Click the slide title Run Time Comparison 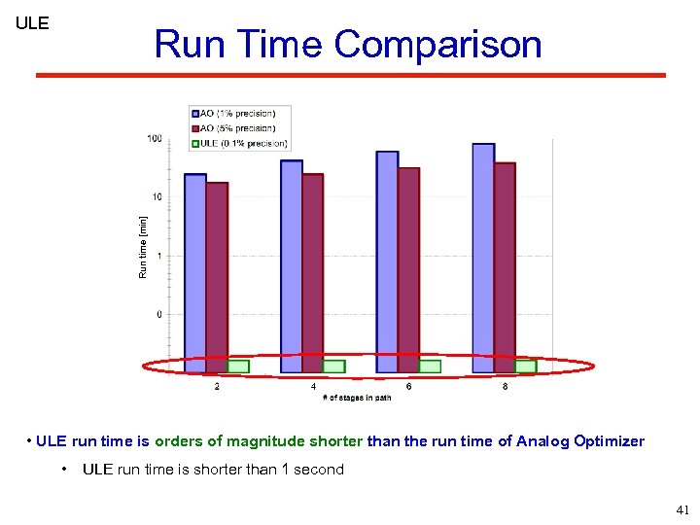click(347, 45)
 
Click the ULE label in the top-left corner click(32, 23)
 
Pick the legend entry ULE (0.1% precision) click(241, 143)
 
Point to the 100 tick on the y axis click(155, 139)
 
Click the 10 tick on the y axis click(157, 197)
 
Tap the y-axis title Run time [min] click(143, 247)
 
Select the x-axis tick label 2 click(216, 386)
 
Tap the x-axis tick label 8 click(505, 386)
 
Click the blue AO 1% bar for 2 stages click(194, 272)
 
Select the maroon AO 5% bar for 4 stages click(312, 272)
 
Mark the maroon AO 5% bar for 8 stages click(505, 267)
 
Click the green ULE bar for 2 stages click(238, 367)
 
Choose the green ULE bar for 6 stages click(430, 367)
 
